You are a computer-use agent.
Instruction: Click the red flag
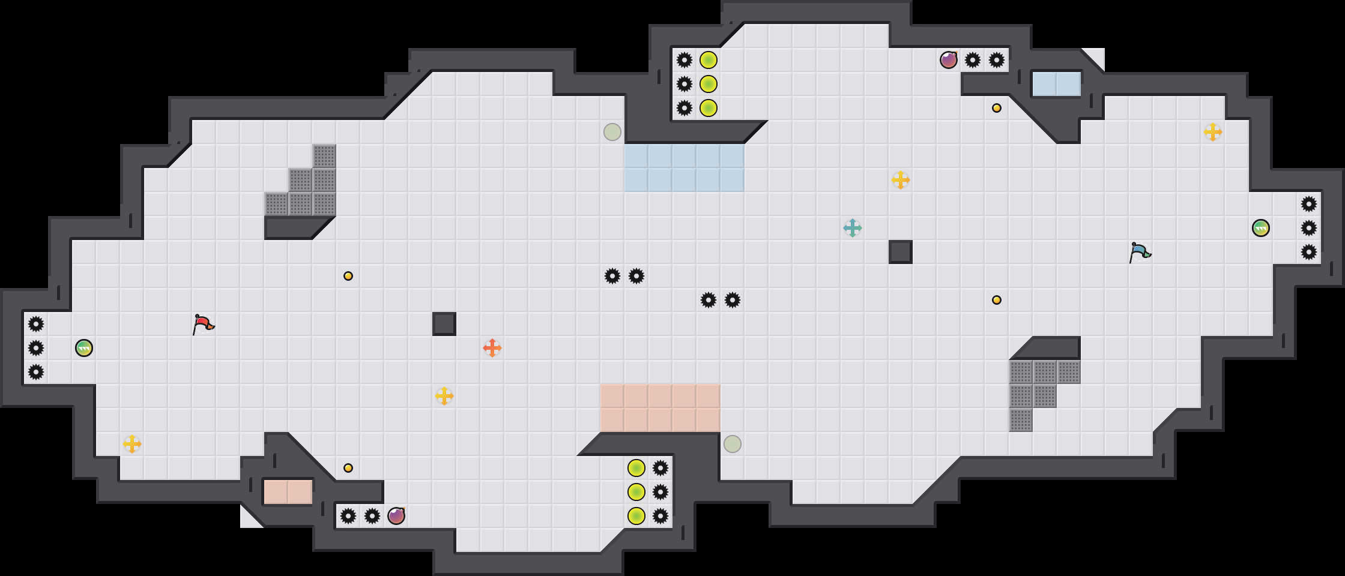pyautogui.click(x=203, y=324)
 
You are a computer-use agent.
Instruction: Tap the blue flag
pyautogui.click(x=1139, y=252)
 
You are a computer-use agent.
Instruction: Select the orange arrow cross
pyautogui.click(x=492, y=348)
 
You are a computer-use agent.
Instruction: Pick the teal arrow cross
pyautogui.click(x=853, y=228)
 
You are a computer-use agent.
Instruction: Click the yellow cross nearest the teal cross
pyautogui.click(x=901, y=180)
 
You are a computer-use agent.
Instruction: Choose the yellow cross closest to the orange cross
pyautogui.click(x=444, y=396)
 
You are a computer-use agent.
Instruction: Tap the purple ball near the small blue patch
pyautogui.click(x=949, y=60)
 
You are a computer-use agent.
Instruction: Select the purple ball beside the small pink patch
pyautogui.click(x=396, y=516)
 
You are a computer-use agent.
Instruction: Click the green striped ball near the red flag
pyautogui.click(x=84, y=348)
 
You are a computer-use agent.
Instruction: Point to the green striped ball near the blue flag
pyautogui.click(x=1261, y=228)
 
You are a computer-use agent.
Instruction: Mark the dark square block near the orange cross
pyautogui.click(x=444, y=324)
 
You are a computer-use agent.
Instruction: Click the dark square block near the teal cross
pyautogui.click(x=901, y=252)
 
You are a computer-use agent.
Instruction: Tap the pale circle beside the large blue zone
pyautogui.click(x=612, y=132)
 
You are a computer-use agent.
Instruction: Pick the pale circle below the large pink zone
pyautogui.click(x=733, y=444)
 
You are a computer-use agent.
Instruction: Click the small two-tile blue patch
pyautogui.click(x=1057, y=84)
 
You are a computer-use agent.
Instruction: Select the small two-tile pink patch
pyautogui.click(x=288, y=492)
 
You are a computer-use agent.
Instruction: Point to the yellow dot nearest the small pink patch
pyautogui.click(x=348, y=468)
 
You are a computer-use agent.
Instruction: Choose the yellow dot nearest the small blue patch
pyautogui.click(x=997, y=108)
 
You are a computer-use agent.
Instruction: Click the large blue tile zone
pyautogui.click(x=685, y=168)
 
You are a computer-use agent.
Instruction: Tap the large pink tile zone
pyautogui.click(x=660, y=408)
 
